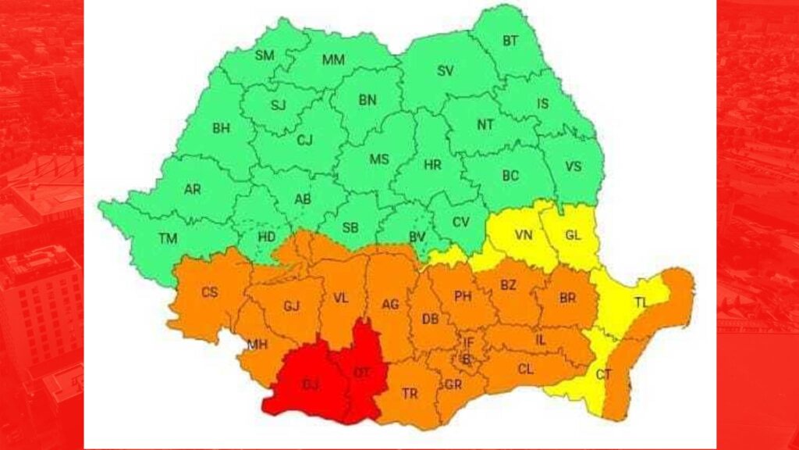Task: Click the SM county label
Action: (x=265, y=55)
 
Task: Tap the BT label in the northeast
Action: (x=510, y=40)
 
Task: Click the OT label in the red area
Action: (x=361, y=373)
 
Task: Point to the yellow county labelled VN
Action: (x=524, y=234)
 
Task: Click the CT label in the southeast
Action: (x=603, y=374)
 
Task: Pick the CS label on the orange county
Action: (x=210, y=292)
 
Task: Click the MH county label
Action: (x=257, y=344)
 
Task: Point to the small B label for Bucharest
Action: (x=467, y=359)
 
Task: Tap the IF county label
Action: (x=468, y=342)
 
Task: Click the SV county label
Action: (x=445, y=71)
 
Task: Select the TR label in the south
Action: (x=410, y=394)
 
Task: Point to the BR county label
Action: (x=568, y=297)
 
